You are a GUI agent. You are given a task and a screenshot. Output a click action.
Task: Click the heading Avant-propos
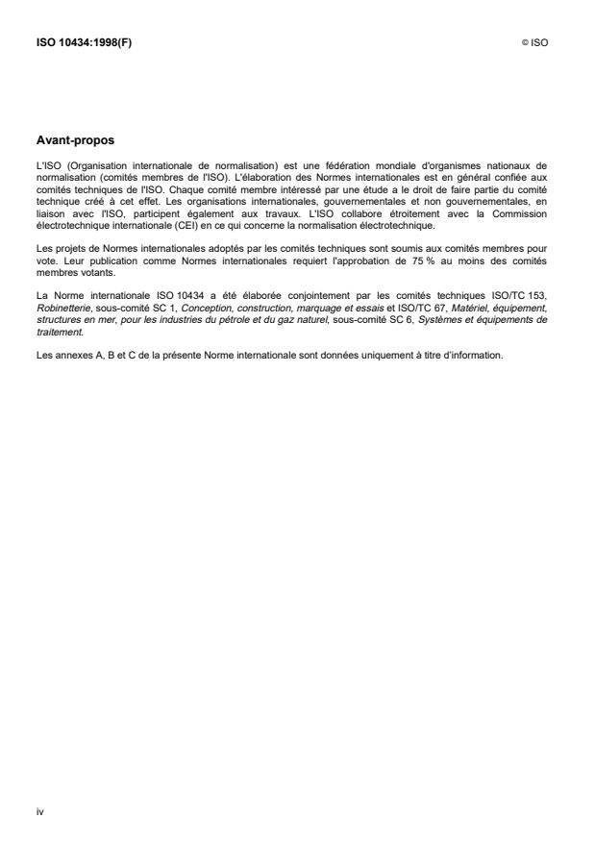75,139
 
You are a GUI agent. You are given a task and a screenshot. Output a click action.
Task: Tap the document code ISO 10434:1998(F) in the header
84,43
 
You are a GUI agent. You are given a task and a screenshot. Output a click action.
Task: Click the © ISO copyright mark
534,43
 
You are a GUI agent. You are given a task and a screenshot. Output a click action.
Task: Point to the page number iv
40,812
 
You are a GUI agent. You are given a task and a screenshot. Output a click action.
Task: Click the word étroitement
419,216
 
